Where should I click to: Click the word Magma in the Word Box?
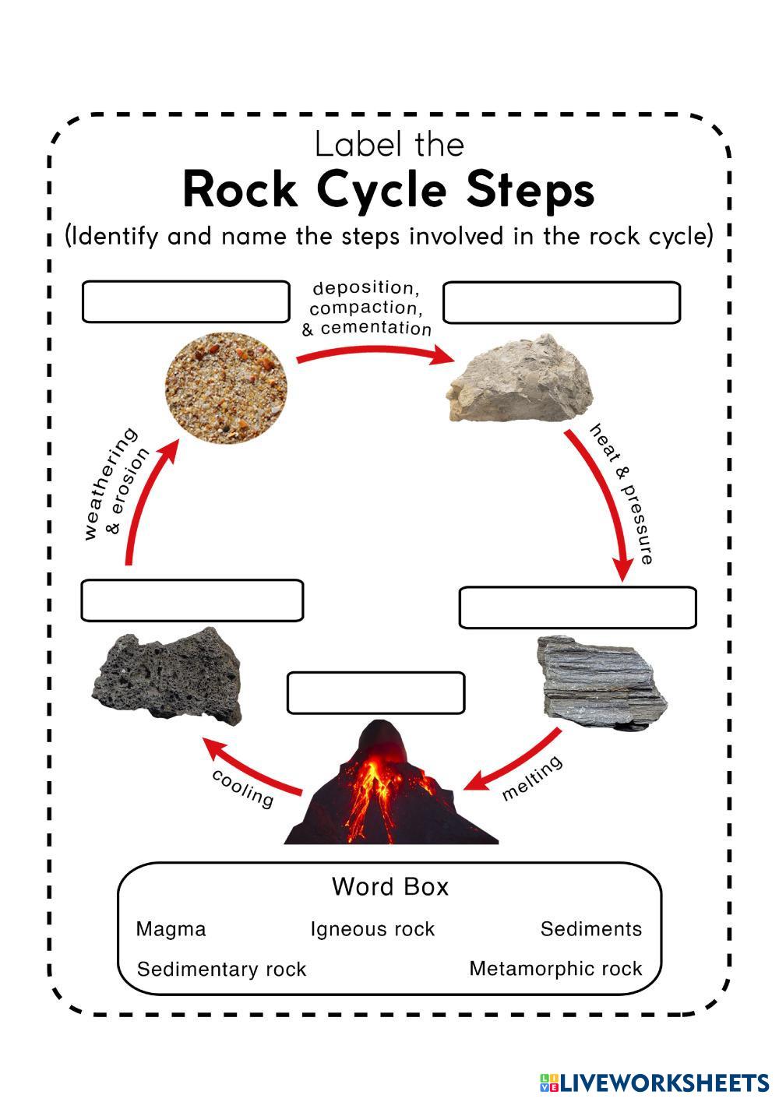(x=171, y=929)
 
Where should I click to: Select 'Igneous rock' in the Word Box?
(x=372, y=929)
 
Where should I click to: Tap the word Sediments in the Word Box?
(x=591, y=929)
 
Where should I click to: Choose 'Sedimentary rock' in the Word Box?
(x=221, y=970)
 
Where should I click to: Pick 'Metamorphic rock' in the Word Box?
(x=555, y=969)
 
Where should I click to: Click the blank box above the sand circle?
(x=185, y=302)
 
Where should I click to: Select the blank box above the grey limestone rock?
(x=561, y=303)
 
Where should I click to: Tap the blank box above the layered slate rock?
(x=577, y=607)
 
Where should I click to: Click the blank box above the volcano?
(x=375, y=692)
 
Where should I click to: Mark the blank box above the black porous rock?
(x=192, y=600)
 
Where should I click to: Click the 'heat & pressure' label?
(x=621, y=493)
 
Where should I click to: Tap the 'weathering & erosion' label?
(x=115, y=484)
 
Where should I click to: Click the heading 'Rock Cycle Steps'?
(x=389, y=190)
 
